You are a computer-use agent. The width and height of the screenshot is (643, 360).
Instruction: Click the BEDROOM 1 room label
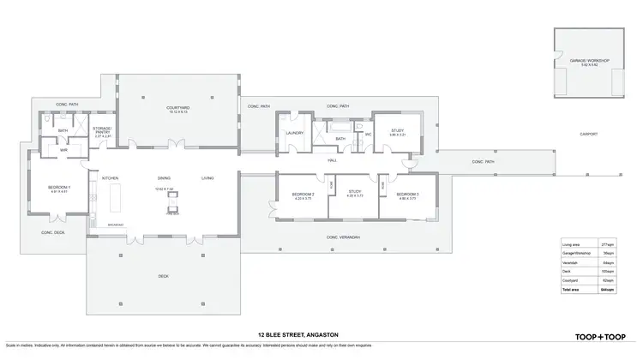click(x=57, y=187)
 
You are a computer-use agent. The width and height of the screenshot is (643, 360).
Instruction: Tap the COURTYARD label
click(x=177, y=107)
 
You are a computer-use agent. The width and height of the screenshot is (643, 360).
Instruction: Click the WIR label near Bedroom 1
click(x=63, y=150)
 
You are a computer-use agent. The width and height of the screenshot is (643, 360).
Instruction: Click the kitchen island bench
click(x=117, y=204)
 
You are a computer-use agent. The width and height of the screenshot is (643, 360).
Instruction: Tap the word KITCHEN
click(x=110, y=177)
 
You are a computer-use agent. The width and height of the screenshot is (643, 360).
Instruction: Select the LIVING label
click(x=207, y=177)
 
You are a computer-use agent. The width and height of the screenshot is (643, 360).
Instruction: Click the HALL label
click(x=331, y=159)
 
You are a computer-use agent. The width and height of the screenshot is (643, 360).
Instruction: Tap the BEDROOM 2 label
click(x=303, y=195)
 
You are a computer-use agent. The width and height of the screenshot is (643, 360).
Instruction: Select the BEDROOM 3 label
click(x=406, y=195)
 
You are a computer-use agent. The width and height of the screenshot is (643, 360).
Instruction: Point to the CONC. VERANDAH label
click(x=343, y=237)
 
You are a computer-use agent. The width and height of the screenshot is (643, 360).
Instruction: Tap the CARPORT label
click(x=588, y=134)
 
